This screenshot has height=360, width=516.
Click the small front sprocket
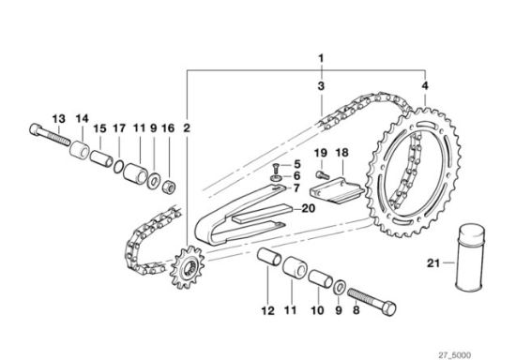coord(187,268)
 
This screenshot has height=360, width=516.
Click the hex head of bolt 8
coord(388,308)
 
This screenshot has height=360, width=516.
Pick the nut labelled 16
coord(170,187)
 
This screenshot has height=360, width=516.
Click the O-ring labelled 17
coord(119,167)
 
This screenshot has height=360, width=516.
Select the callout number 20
coord(308,208)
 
